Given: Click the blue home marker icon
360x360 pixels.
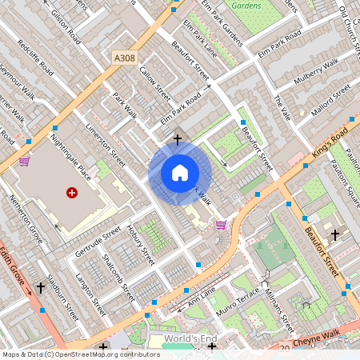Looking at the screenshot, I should pyautogui.click(x=180, y=173).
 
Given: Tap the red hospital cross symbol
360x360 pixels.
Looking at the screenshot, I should pyautogui.click(x=72, y=193).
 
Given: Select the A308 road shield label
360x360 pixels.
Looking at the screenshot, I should pyautogui.click(x=125, y=58).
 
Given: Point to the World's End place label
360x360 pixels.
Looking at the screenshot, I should pyautogui.click(x=190, y=339).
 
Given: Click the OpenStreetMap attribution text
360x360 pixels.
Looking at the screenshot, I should pyautogui.click(x=81, y=354).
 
